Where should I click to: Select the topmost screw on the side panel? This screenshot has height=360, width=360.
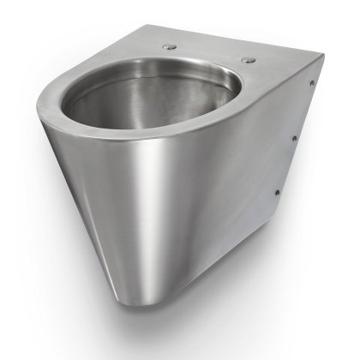[x=312, y=82]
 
